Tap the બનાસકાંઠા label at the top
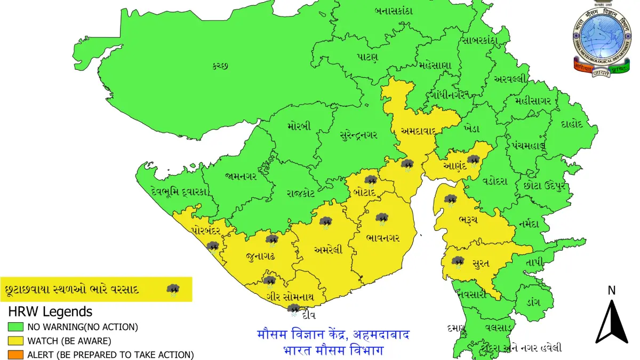click(394, 11)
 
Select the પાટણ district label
click(368, 57)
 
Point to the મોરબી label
click(299, 127)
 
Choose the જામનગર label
click(241, 175)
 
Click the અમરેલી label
click(328, 249)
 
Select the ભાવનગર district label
click(383, 237)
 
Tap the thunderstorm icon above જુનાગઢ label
click(272, 240)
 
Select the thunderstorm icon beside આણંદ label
click(473, 160)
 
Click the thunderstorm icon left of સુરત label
click(458, 262)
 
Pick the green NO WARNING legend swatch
click(15, 326)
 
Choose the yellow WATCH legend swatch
click(15, 340)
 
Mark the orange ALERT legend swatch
click(15, 354)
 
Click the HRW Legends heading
click(50, 311)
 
